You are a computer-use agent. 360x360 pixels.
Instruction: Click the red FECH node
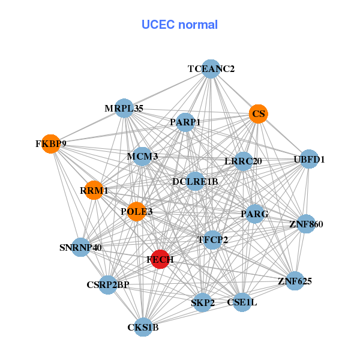pyautogui.click(x=160, y=259)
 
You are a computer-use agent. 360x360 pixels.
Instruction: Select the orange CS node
pyautogui.click(x=259, y=113)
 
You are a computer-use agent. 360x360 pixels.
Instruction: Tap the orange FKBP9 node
pyautogui.click(x=52, y=144)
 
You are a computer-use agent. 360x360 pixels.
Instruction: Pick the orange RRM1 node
pyautogui.click(x=94, y=190)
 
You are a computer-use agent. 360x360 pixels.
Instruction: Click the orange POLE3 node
pyautogui.click(x=137, y=211)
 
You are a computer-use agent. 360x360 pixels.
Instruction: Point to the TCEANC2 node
pyautogui.click(x=211, y=69)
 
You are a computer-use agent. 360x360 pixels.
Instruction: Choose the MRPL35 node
pyautogui.click(x=124, y=109)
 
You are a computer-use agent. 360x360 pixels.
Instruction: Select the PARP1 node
pyautogui.click(x=185, y=122)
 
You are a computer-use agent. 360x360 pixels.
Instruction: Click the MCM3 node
pyautogui.click(x=142, y=157)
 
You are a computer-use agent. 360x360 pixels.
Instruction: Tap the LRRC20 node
pyautogui.click(x=243, y=161)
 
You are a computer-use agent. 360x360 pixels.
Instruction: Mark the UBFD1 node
pyautogui.click(x=309, y=160)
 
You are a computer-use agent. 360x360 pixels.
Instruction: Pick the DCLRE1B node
pyautogui.click(x=195, y=181)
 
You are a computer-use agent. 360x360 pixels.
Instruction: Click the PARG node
pyautogui.click(x=255, y=214)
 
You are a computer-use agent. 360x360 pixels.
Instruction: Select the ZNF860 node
pyautogui.click(x=306, y=224)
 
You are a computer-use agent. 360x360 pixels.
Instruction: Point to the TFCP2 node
pyautogui.click(x=213, y=240)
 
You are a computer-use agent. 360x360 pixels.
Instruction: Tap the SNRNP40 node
pyautogui.click(x=81, y=247)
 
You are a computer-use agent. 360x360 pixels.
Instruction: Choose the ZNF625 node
pyautogui.click(x=295, y=280)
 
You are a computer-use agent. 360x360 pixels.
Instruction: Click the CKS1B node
pyautogui.click(x=143, y=327)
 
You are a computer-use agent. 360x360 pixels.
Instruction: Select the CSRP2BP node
pyautogui.click(x=108, y=284)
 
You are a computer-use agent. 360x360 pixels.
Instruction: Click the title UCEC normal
pyautogui.click(x=179, y=25)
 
